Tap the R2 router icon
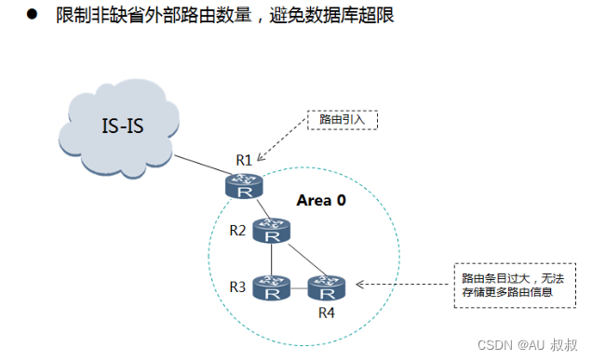273,233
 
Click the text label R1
244,159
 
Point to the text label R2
239,230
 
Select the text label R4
326,312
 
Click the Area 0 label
321,200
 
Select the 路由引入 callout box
343,120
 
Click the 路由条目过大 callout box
507,285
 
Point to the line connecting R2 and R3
273,260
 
